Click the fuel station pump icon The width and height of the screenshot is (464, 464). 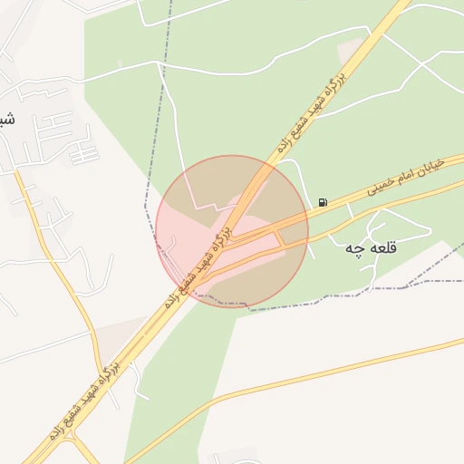point(324,202)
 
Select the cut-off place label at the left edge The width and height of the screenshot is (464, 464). point(6,119)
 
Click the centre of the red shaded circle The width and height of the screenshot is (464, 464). point(232,231)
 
